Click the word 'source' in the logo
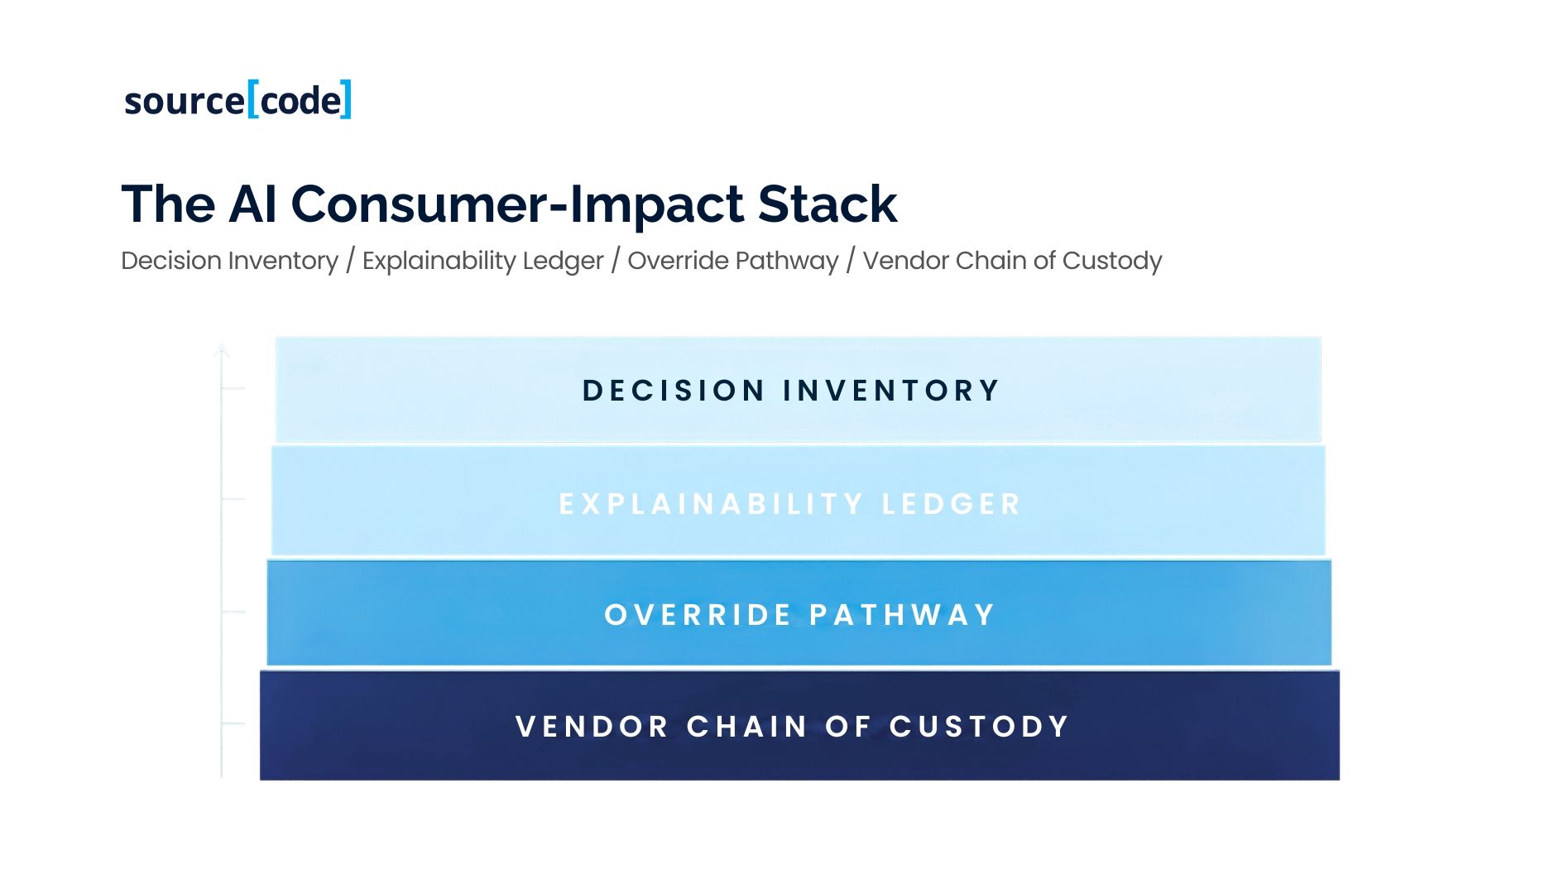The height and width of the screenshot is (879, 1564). coord(184,102)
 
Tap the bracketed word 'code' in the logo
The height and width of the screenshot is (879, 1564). coord(300,101)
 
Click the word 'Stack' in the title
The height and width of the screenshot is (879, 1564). coord(827,204)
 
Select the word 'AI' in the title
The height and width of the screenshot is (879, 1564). coord(252,204)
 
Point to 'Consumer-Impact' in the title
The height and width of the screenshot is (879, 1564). coord(517,204)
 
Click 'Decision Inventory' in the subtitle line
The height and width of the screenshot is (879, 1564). coord(229,261)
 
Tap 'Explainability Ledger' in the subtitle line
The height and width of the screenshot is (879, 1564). coord(482,261)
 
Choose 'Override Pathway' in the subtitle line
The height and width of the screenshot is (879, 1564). coord(732,261)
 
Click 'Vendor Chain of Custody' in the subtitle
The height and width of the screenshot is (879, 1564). coord(1012,261)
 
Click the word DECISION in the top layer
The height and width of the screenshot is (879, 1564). coord(673,391)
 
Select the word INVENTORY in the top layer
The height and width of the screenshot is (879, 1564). coord(891,391)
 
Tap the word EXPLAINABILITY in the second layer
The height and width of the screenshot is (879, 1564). coord(711,504)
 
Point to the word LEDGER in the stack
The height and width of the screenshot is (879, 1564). coord(951,504)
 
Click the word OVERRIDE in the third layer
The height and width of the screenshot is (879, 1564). coord(698,615)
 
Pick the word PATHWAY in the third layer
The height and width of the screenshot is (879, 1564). coord(901,615)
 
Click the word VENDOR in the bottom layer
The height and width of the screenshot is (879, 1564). coord(592,727)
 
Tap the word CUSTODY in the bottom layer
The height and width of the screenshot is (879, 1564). coord(979,727)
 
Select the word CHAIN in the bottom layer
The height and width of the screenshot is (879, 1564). coord(746,727)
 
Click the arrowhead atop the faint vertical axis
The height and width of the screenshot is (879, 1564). coord(221,350)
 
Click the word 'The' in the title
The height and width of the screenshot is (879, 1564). coord(169,204)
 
